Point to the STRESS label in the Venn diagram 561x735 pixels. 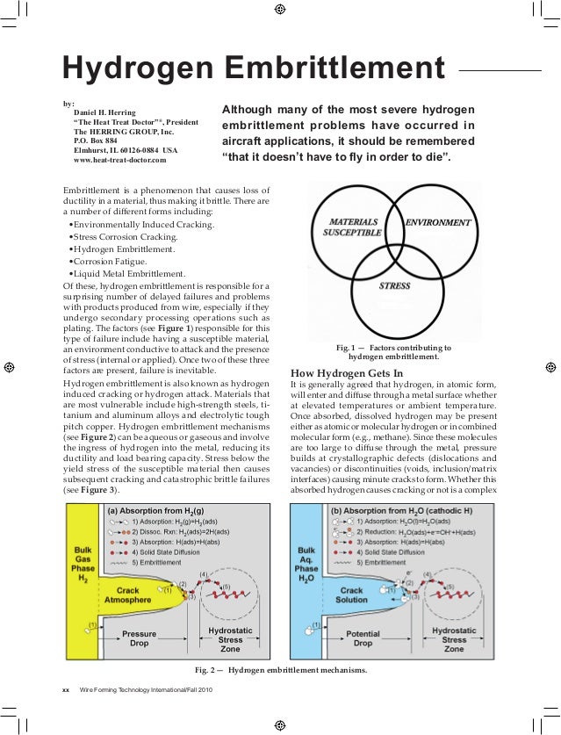(x=394, y=285)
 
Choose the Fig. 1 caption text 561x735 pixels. (x=399, y=352)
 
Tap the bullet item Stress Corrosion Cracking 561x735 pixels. (x=125, y=237)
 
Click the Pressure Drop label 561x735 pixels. (x=139, y=638)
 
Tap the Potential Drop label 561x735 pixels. (x=363, y=638)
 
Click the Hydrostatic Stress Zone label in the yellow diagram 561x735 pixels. (x=230, y=639)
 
